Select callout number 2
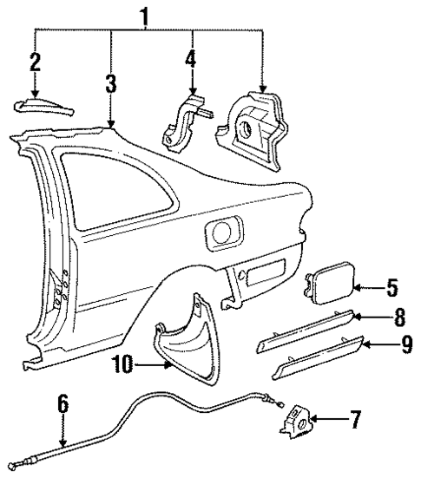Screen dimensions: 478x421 pyautogui.click(x=35, y=62)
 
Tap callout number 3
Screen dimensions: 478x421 pyautogui.click(x=110, y=84)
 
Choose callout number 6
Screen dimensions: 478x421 pyautogui.click(x=63, y=407)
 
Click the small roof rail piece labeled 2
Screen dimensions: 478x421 pyautogui.click(x=43, y=106)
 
